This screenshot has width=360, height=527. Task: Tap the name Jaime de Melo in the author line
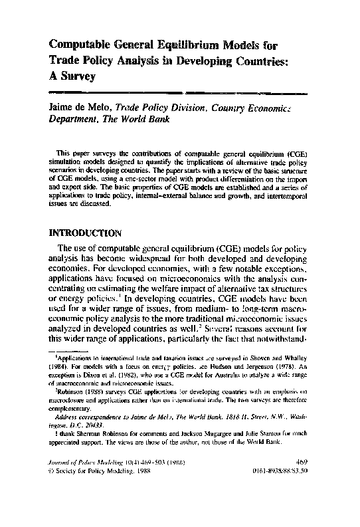coord(80,106)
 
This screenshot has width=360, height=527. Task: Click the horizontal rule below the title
coord(179,90)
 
